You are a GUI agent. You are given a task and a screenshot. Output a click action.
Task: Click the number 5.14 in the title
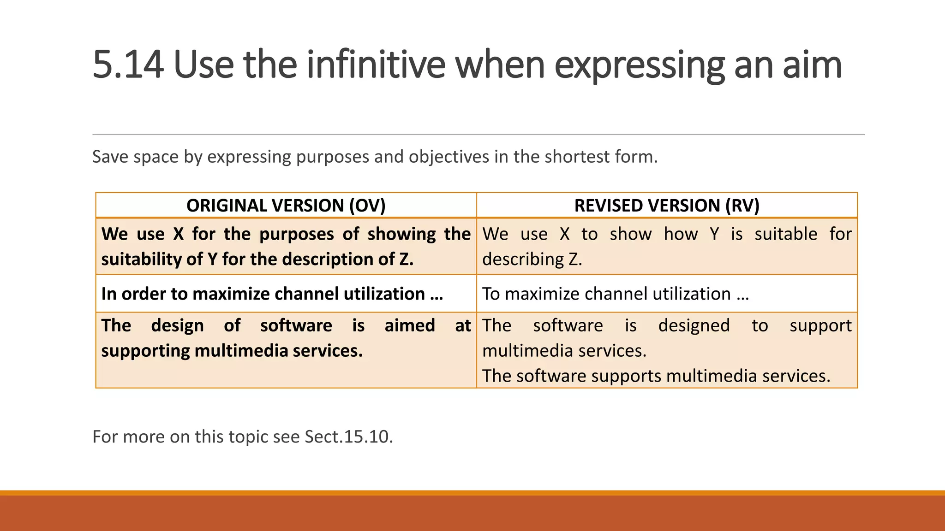point(128,65)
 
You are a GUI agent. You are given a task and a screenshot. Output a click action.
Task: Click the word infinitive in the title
point(376,65)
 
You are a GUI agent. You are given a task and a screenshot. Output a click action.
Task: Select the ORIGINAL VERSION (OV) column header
point(286,206)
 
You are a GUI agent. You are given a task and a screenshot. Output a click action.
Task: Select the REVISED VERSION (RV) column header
point(667,206)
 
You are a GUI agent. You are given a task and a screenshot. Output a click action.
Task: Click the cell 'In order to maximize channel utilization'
point(272,294)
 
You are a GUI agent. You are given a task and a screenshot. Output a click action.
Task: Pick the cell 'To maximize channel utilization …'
point(615,294)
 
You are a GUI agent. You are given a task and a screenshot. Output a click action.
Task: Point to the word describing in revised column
point(523,260)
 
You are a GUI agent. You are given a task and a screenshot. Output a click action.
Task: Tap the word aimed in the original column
point(410,326)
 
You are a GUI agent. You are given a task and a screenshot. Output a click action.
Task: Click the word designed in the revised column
point(694,326)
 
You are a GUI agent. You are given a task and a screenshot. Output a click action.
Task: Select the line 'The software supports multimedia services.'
point(656,376)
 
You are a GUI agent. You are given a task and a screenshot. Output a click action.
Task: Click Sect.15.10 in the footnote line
point(348,437)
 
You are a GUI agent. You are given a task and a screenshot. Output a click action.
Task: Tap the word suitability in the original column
point(141,260)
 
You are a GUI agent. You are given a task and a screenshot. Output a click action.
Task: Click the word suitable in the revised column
point(785,234)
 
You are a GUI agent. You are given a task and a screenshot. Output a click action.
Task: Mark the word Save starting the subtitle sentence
point(110,157)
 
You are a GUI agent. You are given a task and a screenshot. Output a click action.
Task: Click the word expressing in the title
point(639,65)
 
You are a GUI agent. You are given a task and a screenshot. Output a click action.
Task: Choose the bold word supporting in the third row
point(145,351)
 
